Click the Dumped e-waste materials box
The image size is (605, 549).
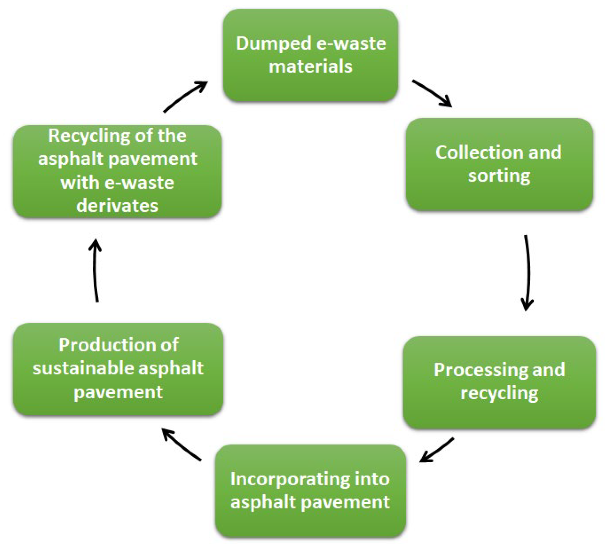point(310,55)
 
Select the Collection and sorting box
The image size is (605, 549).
point(499,164)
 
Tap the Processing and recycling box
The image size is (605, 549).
point(499,382)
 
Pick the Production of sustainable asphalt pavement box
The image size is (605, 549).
point(118,369)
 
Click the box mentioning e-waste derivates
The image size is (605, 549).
point(117,171)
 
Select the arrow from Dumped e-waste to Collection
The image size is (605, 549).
point(431,93)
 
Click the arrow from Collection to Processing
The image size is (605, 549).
point(527,273)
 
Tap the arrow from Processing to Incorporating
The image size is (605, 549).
point(436,450)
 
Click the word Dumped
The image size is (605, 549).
point(273,44)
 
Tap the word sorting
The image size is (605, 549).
point(499,176)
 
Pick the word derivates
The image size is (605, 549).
point(117,205)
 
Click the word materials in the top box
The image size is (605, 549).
point(310,66)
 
